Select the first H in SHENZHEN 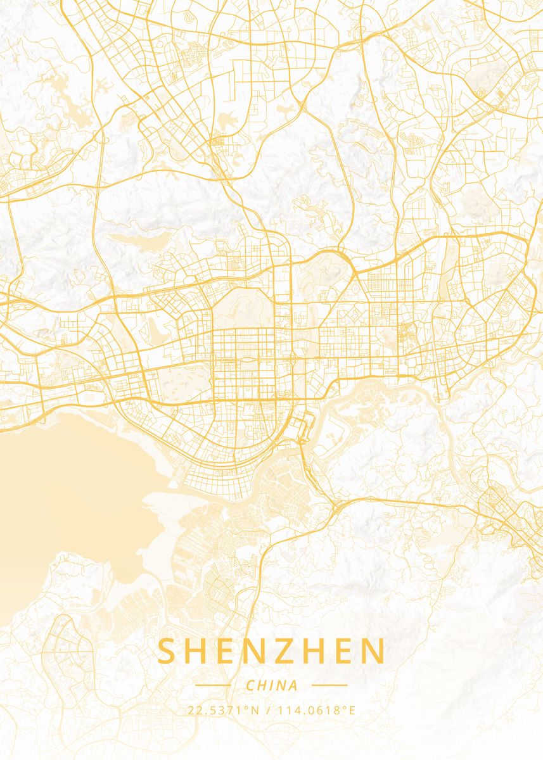196,652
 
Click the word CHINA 271,685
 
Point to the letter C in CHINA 250,685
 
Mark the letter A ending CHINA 293,685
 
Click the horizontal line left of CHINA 213,685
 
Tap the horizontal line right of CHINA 329,685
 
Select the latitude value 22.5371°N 223,710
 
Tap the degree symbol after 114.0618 345,707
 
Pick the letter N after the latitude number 255,710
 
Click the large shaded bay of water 70,494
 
